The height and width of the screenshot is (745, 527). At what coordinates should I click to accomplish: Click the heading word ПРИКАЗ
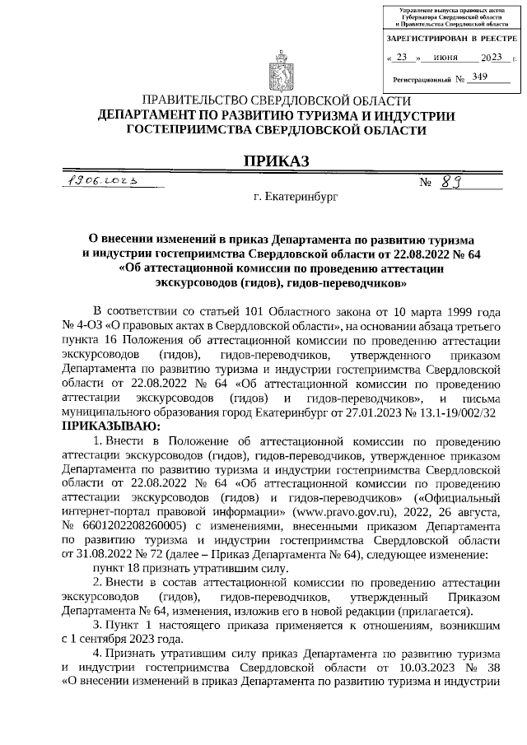coord(275,161)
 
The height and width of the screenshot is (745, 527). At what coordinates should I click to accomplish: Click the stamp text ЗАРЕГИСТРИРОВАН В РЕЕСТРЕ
coord(452,40)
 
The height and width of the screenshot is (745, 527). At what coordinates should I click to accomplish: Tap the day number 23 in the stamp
coord(402,58)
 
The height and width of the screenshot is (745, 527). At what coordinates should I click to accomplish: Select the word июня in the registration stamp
coord(445,58)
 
